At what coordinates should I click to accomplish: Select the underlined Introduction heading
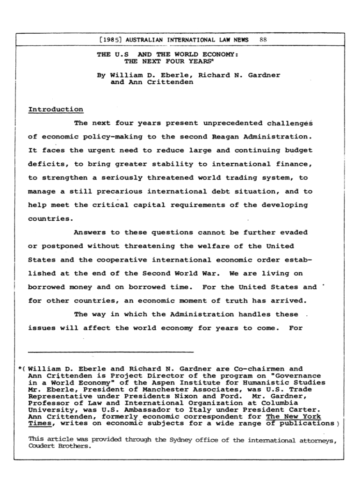(56, 109)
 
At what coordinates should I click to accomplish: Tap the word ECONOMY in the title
(218, 55)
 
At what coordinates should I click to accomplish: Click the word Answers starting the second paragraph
(90, 232)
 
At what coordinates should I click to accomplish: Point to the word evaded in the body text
(294, 232)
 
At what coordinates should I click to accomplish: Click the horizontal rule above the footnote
(111, 351)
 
